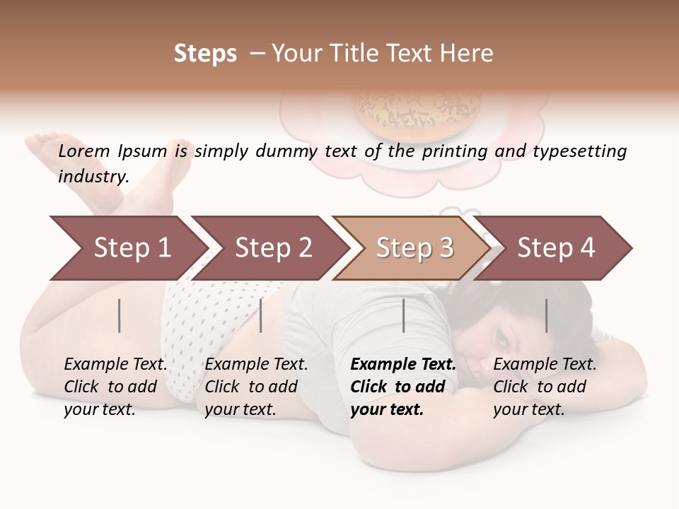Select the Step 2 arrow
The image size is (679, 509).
272,248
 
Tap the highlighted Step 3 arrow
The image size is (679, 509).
414,248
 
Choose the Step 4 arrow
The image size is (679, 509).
555,248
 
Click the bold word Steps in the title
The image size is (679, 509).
205,54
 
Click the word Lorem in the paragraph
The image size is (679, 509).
84,151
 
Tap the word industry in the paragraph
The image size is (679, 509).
93,177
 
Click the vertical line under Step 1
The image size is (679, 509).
120,315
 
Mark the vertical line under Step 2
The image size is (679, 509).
261,315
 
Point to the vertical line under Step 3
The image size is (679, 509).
403,315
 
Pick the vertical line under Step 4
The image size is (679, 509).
546,315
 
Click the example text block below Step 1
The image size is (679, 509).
115,387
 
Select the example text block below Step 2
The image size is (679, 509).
256,387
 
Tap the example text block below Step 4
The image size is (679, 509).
545,387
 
